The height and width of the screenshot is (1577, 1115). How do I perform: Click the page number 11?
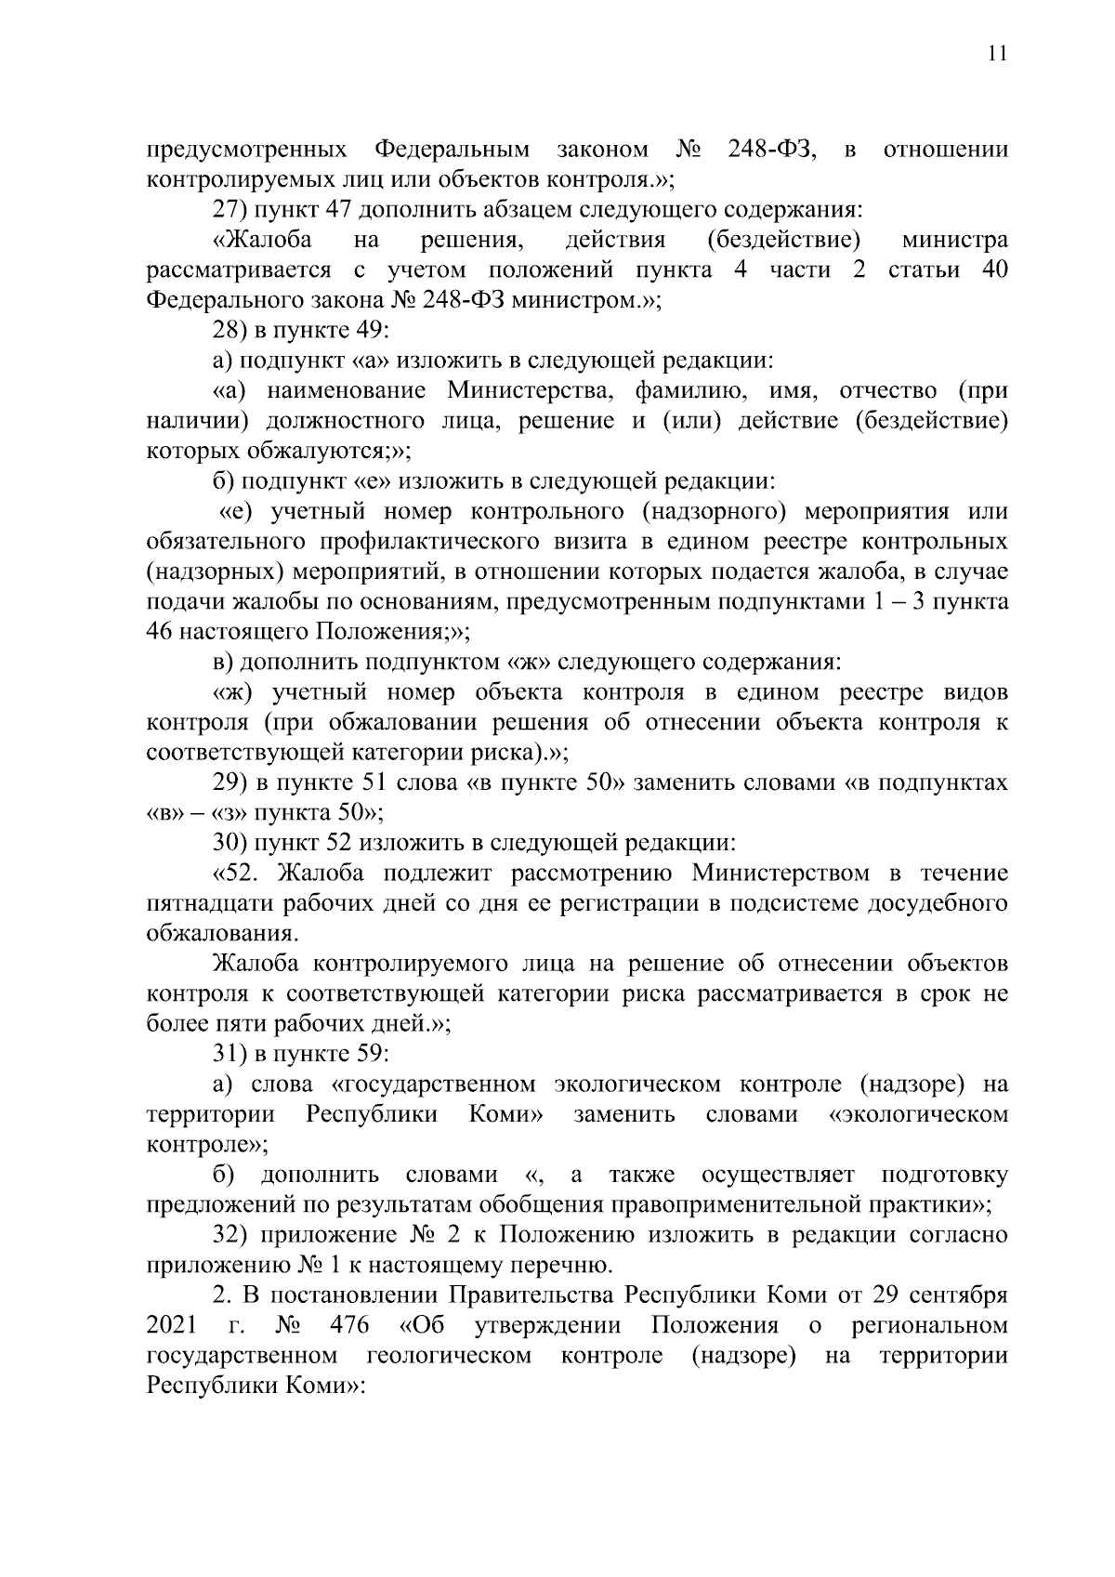[996, 54]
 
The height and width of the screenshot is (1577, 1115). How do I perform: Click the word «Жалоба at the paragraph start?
[263, 241]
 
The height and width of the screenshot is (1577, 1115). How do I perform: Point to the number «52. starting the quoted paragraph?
[240, 874]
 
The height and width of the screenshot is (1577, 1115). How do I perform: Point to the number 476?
[349, 1325]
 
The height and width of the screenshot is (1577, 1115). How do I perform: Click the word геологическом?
[450, 1355]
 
